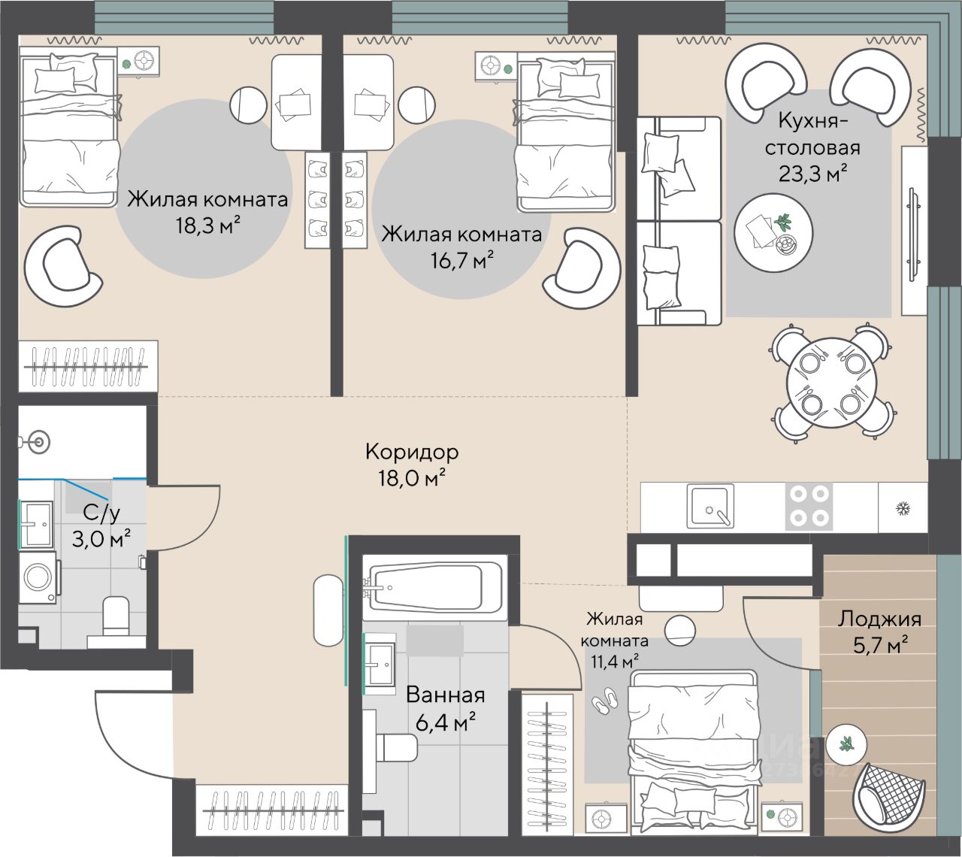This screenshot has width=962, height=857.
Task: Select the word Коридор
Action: coord(412,452)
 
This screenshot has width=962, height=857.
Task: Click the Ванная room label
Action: coord(446,695)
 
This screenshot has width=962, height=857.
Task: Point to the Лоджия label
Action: coord(880,619)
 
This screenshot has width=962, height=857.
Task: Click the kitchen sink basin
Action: coord(710,506)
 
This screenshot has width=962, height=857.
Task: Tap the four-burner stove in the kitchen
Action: coord(809,507)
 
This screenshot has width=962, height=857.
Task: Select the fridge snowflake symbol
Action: coord(900,509)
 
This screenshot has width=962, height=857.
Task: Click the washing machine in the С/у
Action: coord(38,577)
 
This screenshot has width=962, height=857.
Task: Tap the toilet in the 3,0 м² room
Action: coord(116,618)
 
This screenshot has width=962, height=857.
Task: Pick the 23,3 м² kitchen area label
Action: coord(813,174)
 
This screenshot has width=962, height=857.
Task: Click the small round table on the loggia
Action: coord(846,743)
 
